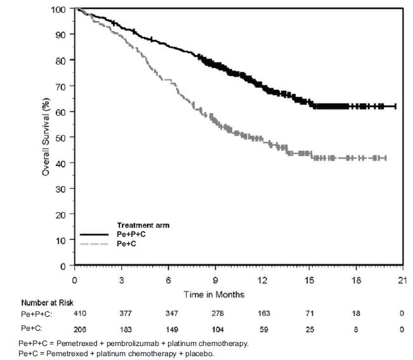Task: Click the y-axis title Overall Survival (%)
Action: pos(46,138)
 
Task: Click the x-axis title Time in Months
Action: pos(214,295)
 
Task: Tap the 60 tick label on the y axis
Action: pos(60,112)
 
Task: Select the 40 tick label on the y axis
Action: pos(60,163)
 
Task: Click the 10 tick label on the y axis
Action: pos(60,240)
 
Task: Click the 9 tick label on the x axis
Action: pos(216,281)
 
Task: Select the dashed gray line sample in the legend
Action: pos(96,243)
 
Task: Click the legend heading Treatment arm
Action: pos(143,225)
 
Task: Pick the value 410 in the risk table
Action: pos(75,314)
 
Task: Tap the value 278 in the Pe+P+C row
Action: pos(216,314)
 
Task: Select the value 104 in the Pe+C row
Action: pos(216,330)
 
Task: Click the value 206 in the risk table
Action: pos(75,330)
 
